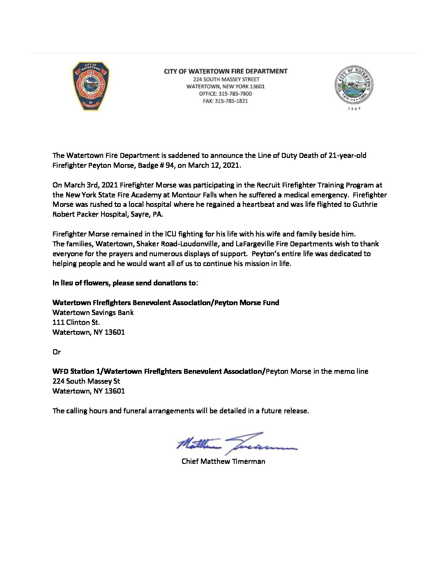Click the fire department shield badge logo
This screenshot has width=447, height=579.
pyautogui.click(x=91, y=86)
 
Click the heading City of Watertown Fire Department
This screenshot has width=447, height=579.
pyautogui.click(x=226, y=71)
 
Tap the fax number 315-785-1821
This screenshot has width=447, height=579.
pyautogui.click(x=233, y=101)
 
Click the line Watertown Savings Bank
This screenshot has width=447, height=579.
pyautogui.click(x=93, y=313)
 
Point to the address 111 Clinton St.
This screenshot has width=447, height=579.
pyautogui.click(x=76, y=322)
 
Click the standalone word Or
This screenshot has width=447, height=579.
pyautogui.click(x=57, y=352)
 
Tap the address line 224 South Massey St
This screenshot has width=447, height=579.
pyautogui.click(x=86, y=381)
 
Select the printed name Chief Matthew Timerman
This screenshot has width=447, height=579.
pyautogui.click(x=223, y=461)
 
